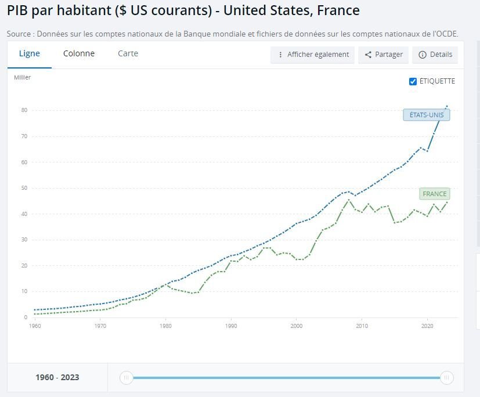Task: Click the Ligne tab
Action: [x=30, y=53]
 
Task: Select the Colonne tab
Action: [x=79, y=53]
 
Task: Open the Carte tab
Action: [x=128, y=53]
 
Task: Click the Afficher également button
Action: [x=312, y=55]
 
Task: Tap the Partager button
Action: [x=384, y=55]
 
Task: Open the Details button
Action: [x=435, y=55]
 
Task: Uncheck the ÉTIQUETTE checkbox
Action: [x=413, y=81]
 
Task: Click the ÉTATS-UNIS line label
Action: [x=427, y=115]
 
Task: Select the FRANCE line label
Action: [x=435, y=194]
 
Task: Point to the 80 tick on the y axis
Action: [x=24, y=110]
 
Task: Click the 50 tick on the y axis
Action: [x=24, y=188]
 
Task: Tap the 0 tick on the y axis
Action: [x=26, y=317]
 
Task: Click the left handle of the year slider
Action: [x=126, y=378]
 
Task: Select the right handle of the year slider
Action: [x=446, y=378]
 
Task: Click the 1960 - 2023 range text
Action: [x=57, y=377]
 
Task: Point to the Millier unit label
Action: [x=23, y=77]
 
